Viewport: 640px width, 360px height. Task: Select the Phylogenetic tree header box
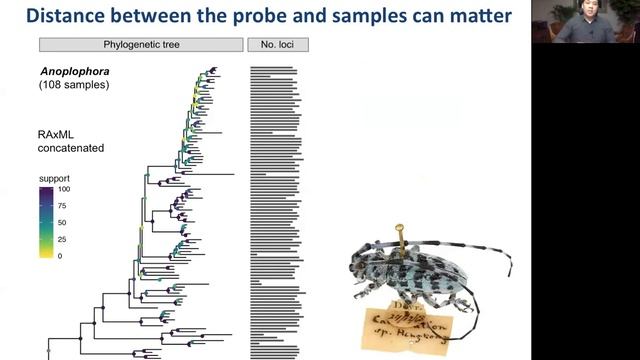click(141, 45)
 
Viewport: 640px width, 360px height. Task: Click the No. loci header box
click(278, 45)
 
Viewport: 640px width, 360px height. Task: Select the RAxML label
click(61, 133)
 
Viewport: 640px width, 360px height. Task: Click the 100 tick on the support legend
click(63, 189)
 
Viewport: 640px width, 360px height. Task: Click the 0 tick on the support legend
click(59, 255)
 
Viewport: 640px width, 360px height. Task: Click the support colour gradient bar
click(46, 222)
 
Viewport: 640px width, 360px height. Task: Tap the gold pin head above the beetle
click(399, 229)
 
